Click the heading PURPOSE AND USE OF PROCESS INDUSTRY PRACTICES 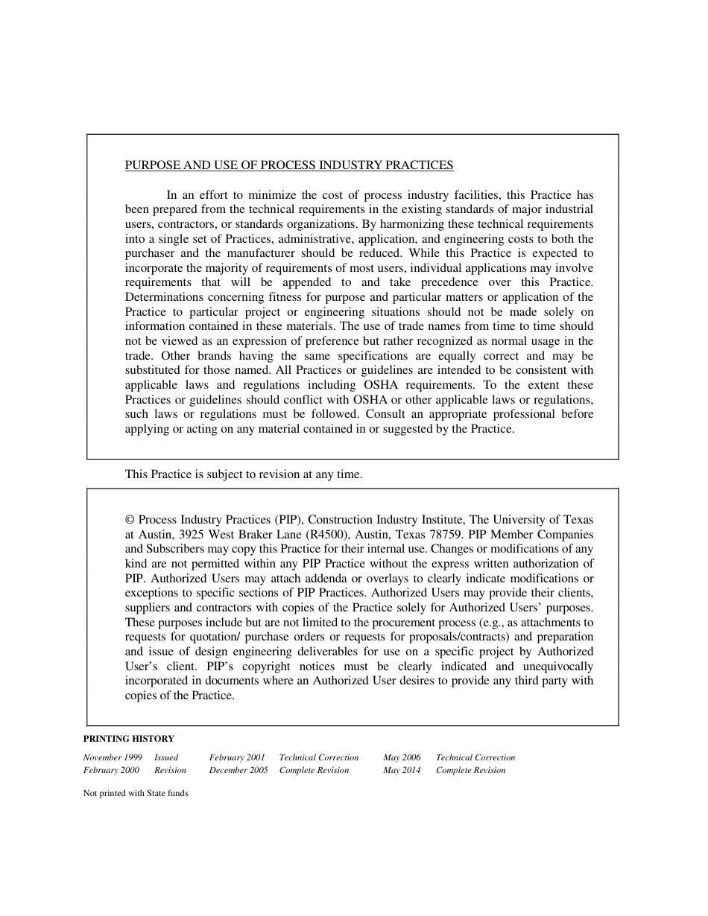pos(289,165)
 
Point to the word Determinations pos(162,297)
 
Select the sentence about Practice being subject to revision pos(244,474)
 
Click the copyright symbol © pos(130,520)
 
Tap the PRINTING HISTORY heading pos(129,739)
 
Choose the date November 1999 pos(113,757)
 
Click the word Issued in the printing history pos(166,757)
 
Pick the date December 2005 pos(238,770)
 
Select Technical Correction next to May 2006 pos(475,757)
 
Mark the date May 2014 pos(402,770)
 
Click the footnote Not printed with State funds pos(136,794)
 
